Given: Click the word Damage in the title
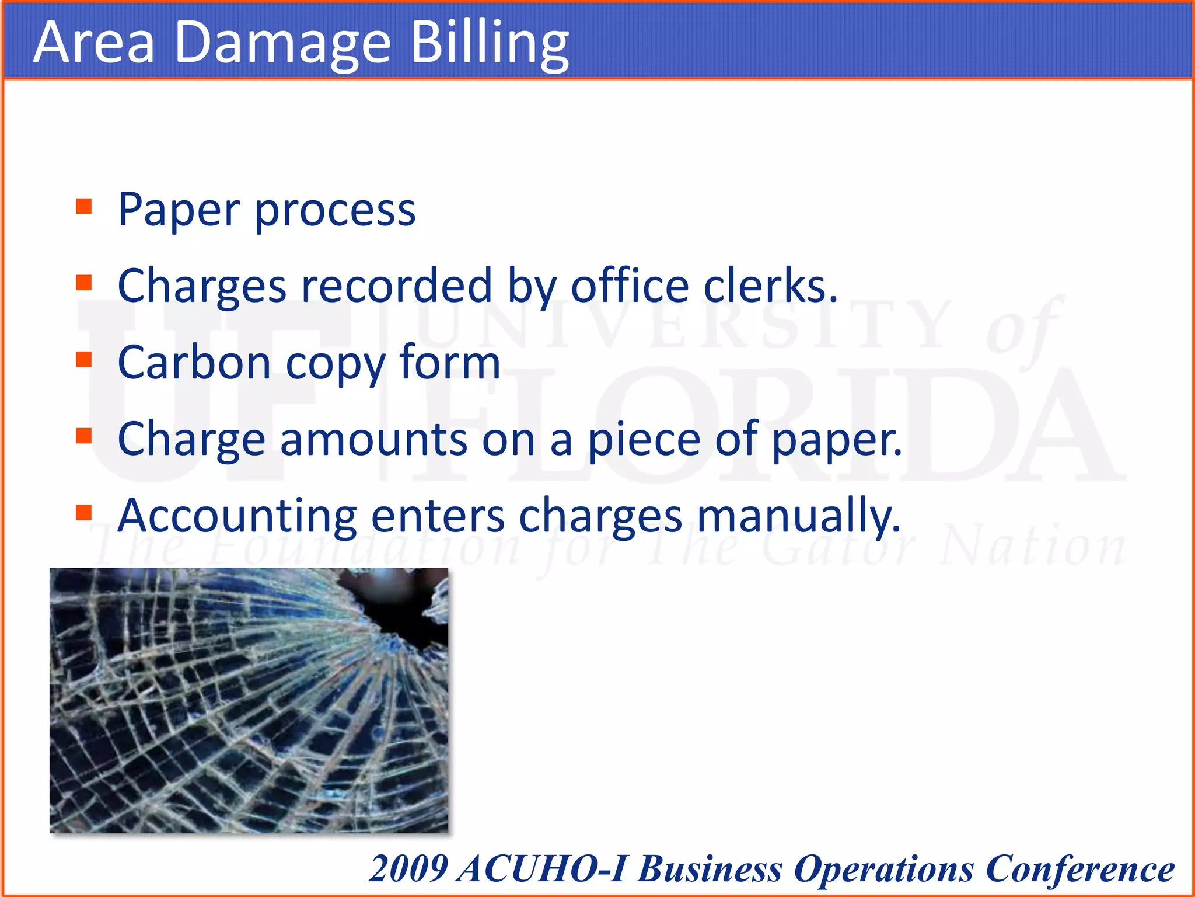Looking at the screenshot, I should pos(282,44).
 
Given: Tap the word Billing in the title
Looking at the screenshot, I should pos(490,44).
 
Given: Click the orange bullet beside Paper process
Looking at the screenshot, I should pos(84,207).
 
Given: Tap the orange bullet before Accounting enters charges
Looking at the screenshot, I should pos(84,512).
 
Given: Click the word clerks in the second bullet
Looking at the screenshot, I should pos(770,286).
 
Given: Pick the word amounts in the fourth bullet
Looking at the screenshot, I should pos(373,439).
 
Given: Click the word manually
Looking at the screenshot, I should pos(799,516).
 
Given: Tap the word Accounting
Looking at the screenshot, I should pos(237,516).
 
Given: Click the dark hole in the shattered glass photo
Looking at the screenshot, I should pos(403,607).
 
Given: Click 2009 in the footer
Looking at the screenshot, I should pos(409,868).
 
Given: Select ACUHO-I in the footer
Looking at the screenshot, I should pos(542,868).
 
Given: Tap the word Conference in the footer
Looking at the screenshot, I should pos(1080,868).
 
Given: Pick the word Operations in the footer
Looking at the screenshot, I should pos(884,868).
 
